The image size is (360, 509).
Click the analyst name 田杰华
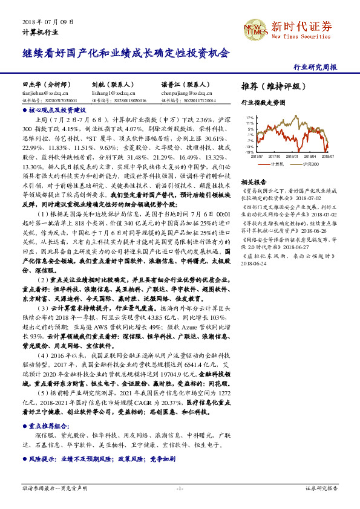pyautogui.click(x=30, y=85)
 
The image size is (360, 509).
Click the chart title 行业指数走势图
pyautogui.click(x=263, y=103)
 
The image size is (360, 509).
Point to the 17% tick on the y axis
pyautogui.click(x=249, y=118)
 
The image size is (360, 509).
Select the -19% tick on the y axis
pyautogui.click(x=249, y=152)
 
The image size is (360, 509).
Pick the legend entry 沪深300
pyautogui.click(x=310, y=163)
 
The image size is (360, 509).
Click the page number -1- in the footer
pyautogui.click(x=180, y=487)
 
